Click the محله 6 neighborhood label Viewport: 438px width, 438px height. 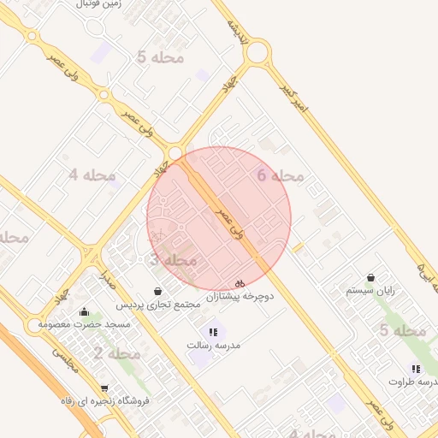[281, 175]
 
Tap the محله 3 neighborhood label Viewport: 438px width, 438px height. [174, 259]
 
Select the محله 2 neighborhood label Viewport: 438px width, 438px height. [117, 353]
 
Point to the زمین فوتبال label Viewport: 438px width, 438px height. [99, 4]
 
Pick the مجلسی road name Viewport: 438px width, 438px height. [66, 359]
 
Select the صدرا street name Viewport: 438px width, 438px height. [108, 275]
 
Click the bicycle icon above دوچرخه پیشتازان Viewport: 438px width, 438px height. [240, 282]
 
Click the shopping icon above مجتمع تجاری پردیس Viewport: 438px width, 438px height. [157, 291]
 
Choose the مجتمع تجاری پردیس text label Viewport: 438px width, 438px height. [158, 305]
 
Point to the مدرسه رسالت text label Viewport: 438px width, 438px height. [214, 345]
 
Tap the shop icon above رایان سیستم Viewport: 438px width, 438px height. [370, 277]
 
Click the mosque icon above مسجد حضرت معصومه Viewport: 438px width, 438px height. [84, 311]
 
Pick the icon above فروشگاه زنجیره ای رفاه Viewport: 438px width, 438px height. [104, 388]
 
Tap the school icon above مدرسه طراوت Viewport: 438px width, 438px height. [416, 369]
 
